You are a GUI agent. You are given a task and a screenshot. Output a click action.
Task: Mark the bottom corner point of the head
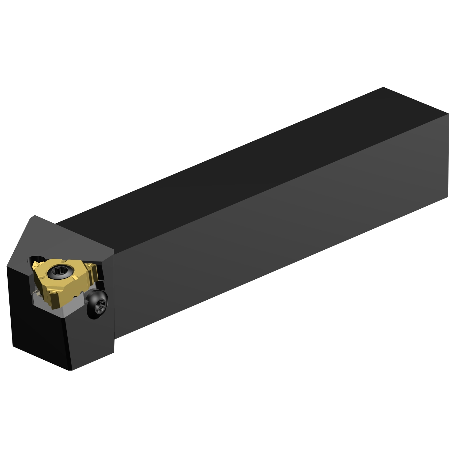tap(70, 370)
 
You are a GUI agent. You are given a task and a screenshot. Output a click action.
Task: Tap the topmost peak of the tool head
tap(35, 216)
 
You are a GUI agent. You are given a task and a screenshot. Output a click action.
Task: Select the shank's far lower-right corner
tap(448, 197)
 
